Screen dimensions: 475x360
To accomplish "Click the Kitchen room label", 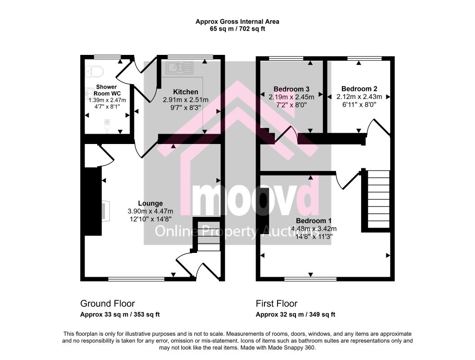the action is pyautogui.click(x=185, y=92).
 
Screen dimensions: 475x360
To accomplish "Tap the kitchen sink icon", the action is pyautogui.click(x=179, y=67).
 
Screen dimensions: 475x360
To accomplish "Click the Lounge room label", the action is pyautogui.click(x=150, y=203).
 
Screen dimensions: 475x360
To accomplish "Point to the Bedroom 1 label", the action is pyautogui.click(x=314, y=221).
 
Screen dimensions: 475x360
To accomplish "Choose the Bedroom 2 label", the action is pyautogui.click(x=359, y=89).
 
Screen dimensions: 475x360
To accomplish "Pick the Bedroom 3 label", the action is pyautogui.click(x=291, y=89).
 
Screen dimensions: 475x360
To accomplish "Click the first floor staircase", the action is pyautogui.click(x=378, y=199).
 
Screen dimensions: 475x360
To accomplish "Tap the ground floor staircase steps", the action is pyautogui.click(x=208, y=236).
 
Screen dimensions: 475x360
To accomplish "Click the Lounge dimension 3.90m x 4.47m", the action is pyautogui.click(x=151, y=211).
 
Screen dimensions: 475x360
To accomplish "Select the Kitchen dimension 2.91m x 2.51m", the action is pyautogui.click(x=185, y=100).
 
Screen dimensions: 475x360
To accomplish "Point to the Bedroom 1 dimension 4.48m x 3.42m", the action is pyautogui.click(x=314, y=229).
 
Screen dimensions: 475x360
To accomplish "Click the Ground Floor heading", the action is pyautogui.click(x=108, y=303).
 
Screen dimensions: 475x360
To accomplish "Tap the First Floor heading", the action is pyautogui.click(x=277, y=303).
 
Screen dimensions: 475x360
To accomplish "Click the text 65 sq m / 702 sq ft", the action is pyautogui.click(x=237, y=29).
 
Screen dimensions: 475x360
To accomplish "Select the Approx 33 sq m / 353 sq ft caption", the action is pyautogui.click(x=120, y=315).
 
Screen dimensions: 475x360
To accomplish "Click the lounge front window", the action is pyautogui.click(x=136, y=279).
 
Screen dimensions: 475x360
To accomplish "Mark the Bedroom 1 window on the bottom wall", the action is pyautogui.click(x=310, y=279).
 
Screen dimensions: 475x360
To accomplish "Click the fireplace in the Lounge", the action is pyautogui.click(x=105, y=211).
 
